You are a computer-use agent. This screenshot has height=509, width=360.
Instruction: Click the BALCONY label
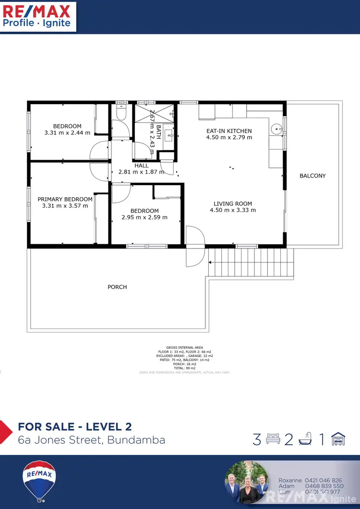[x=312, y=176]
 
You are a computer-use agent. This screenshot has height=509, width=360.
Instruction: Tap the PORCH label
[x=117, y=287]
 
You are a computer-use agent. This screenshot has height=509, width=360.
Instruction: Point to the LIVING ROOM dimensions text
[x=233, y=210]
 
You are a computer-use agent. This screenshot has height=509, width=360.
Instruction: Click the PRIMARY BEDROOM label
[x=65, y=200]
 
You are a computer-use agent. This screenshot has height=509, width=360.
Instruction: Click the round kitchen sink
[x=276, y=129]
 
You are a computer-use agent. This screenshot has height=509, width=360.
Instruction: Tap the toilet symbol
[x=121, y=112]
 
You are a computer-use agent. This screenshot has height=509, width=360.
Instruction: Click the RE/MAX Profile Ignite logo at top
[x=37, y=16]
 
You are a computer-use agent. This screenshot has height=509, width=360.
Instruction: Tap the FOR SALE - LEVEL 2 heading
[x=74, y=427]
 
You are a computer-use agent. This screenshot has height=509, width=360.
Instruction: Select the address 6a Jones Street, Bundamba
[x=91, y=440]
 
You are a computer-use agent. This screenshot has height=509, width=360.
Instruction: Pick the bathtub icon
[x=305, y=439]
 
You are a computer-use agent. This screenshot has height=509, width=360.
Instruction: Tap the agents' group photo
[x=246, y=482]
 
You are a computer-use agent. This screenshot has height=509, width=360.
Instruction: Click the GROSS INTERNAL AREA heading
[x=184, y=347]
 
